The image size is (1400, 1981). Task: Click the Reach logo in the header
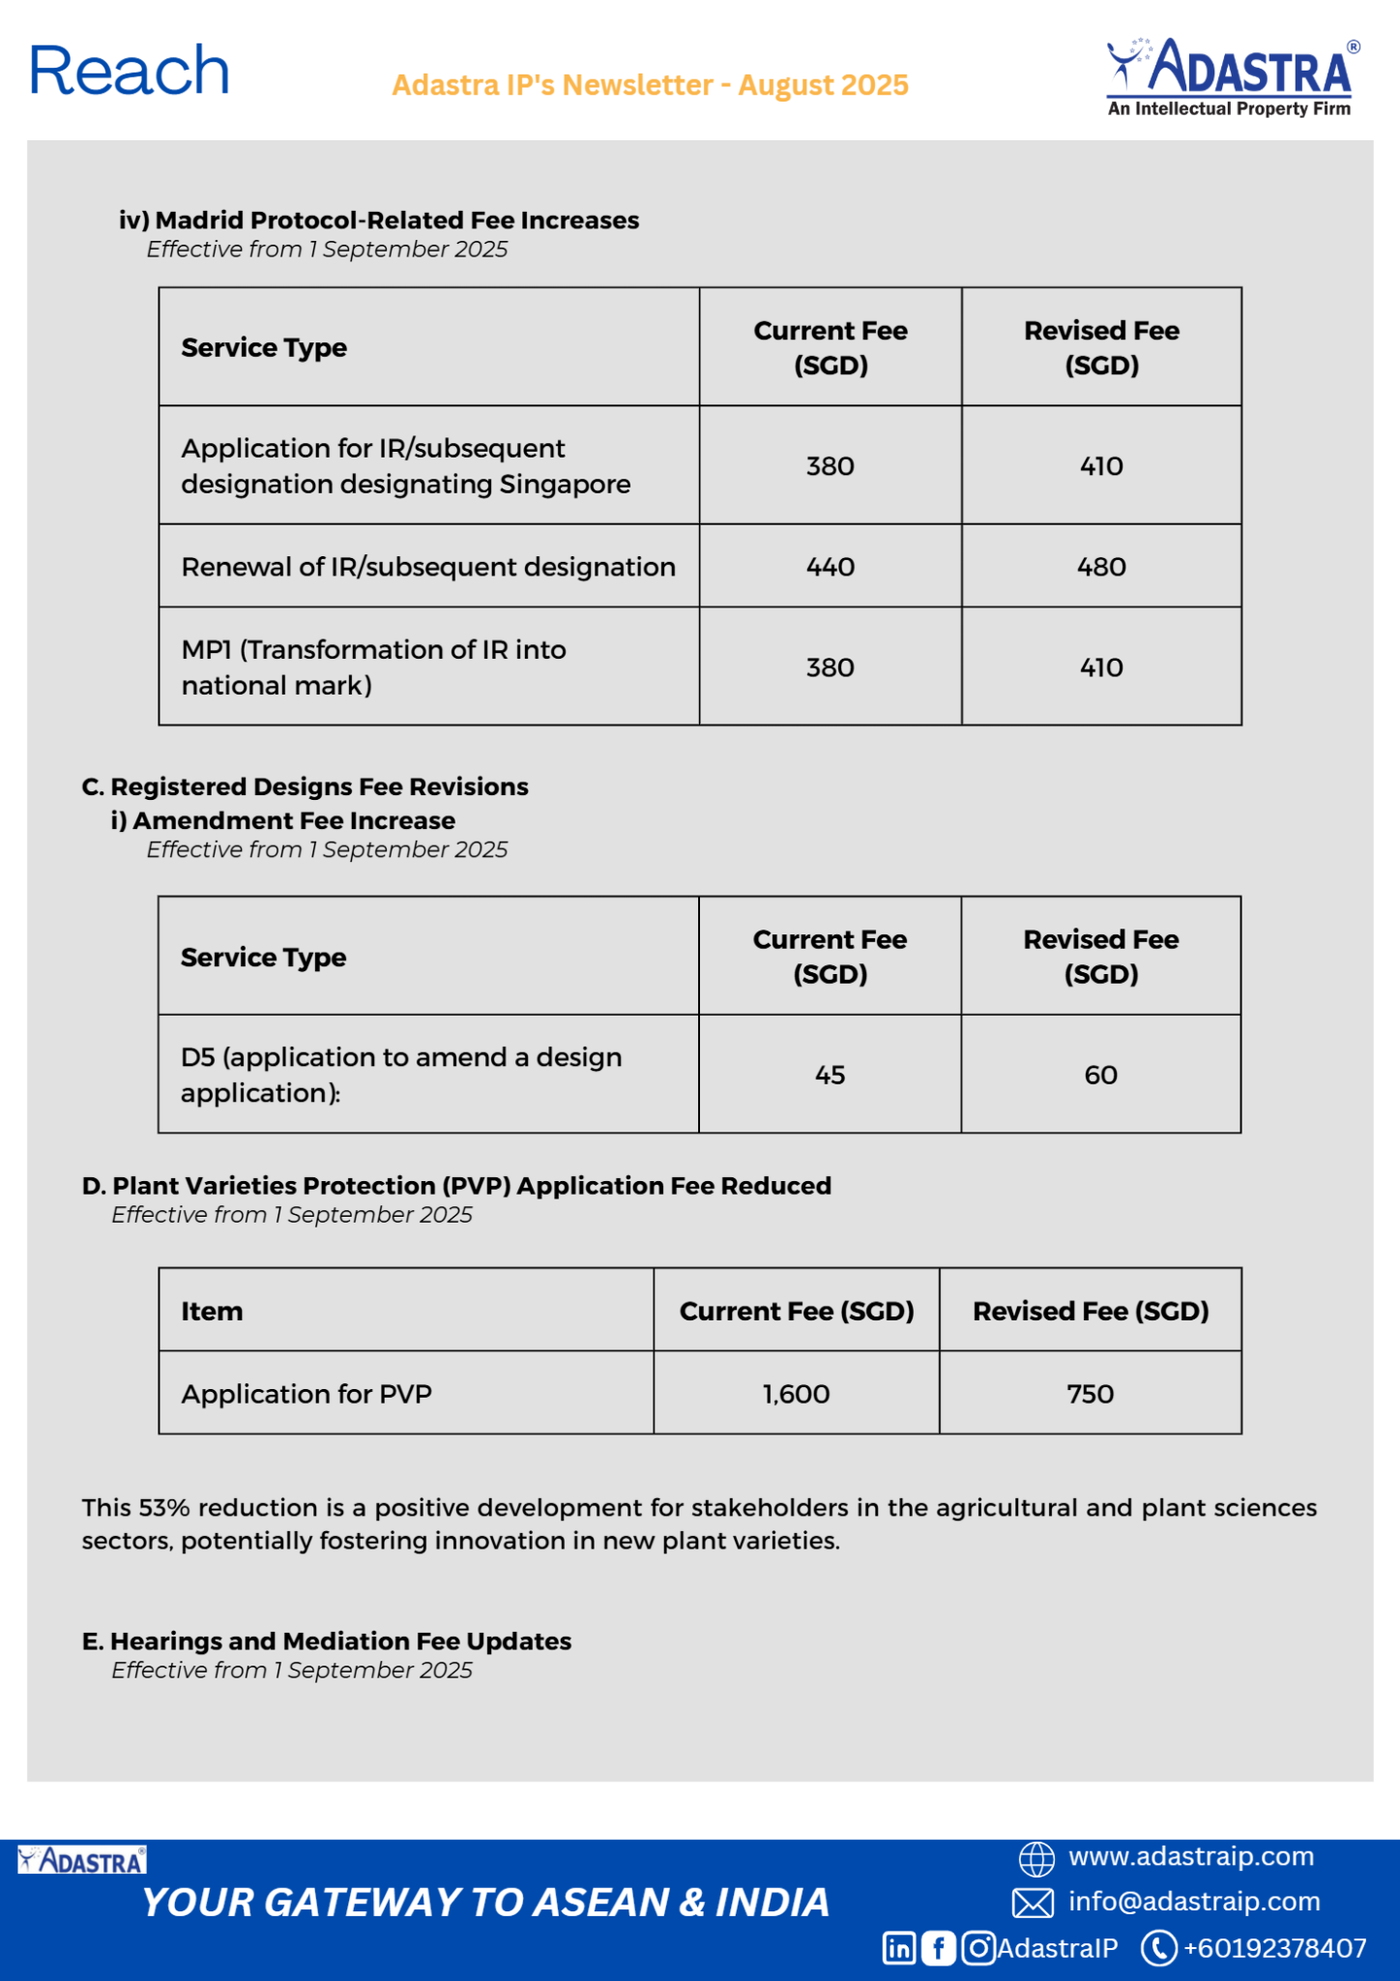pyautogui.click(x=130, y=72)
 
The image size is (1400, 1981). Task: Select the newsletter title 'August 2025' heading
pyautogui.click(x=650, y=85)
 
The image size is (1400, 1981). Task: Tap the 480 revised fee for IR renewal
pyautogui.click(x=1101, y=567)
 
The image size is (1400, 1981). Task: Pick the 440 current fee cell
pyautogui.click(x=831, y=567)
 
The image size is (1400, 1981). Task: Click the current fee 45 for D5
pyautogui.click(x=830, y=1075)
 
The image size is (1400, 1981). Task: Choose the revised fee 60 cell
pyautogui.click(x=1100, y=1075)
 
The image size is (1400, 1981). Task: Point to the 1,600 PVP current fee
pyautogui.click(x=796, y=1394)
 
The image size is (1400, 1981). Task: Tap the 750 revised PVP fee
pyautogui.click(x=1090, y=1394)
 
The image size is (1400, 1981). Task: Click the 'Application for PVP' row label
pyautogui.click(x=306, y=1394)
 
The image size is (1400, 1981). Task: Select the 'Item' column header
pyautogui.click(x=212, y=1311)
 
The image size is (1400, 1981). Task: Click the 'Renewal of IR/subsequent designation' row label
pyautogui.click(x=428, y=567)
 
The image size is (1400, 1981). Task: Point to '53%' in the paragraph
pyautogui.click(x=165, y=1507)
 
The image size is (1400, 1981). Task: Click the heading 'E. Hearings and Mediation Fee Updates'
pyautogui.click(x=327, y=1641)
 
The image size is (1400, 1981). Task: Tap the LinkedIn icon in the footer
pyautogui.click(x=899, y=1948)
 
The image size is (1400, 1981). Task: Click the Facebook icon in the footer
pyautogui.click(x=938, y=1948)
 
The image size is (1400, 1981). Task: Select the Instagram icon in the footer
pyautogui.click(x=978, y=1948)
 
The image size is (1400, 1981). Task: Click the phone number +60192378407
pyautogui.click(x=1274, y=1948)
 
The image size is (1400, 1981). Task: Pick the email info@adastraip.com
pyautogui.click(x=1193, y=1901)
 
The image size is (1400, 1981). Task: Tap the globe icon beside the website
pyautogui.click(x=1036, y=1858)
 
